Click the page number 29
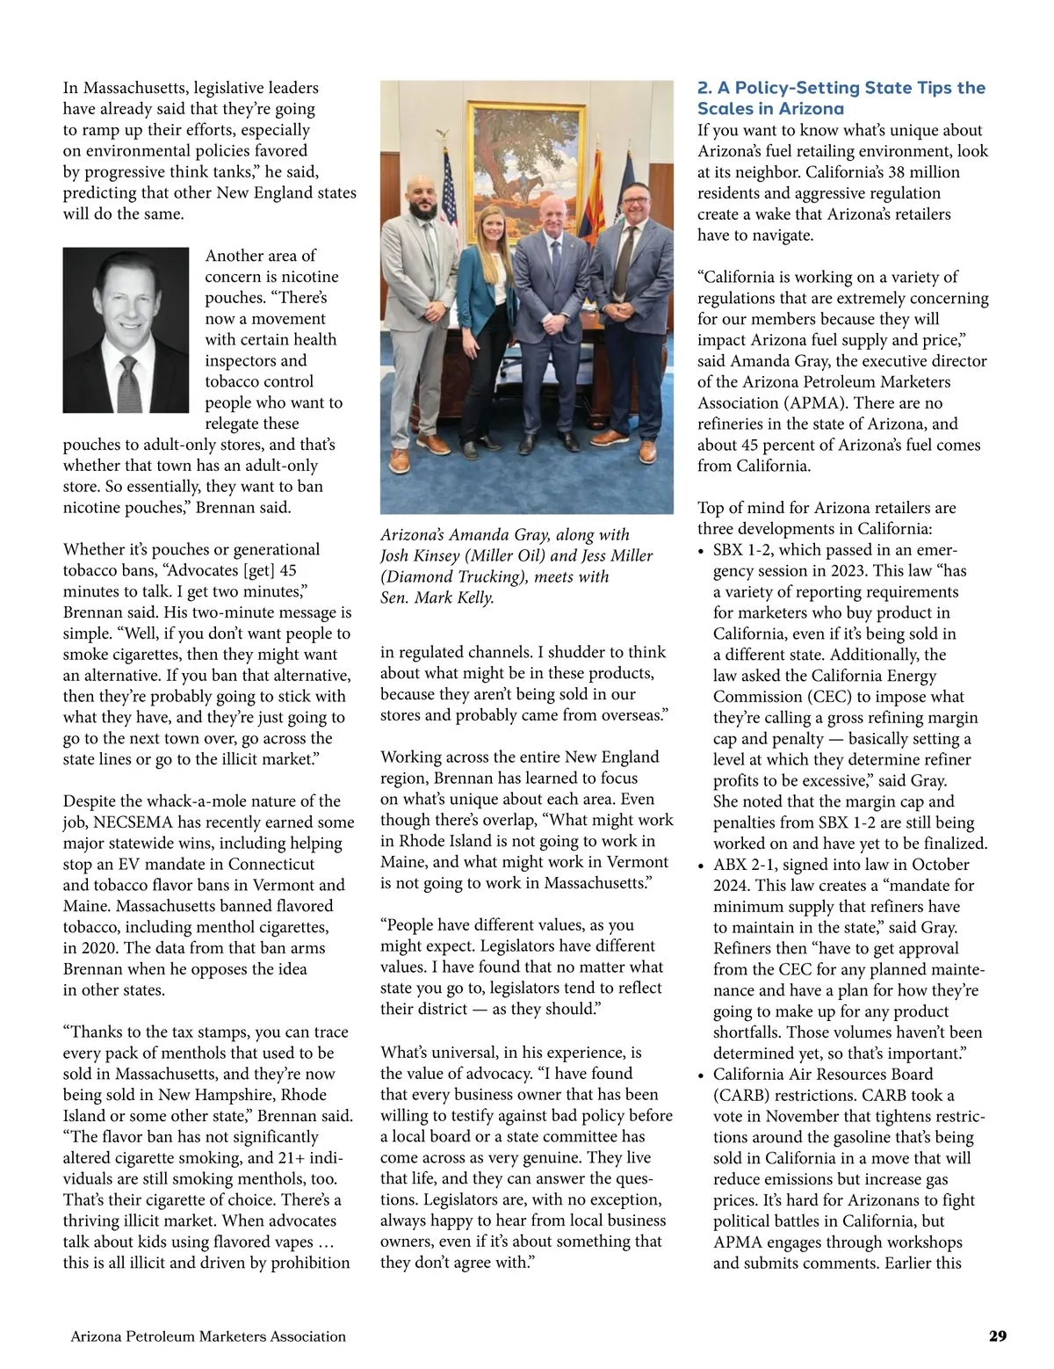click(997, 1336)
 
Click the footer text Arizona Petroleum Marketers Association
click(208, 1336)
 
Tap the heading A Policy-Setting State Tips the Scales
click(841, 98)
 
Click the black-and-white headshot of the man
click(126, 330)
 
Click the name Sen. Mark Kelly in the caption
click(437, 598)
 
